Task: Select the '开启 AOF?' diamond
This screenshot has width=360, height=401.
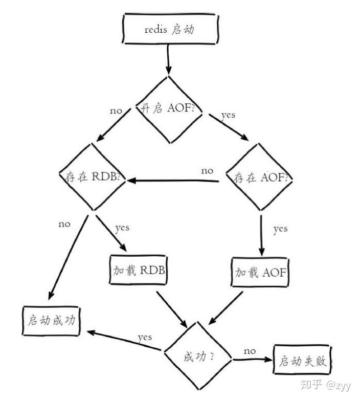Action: (x=167, y=109)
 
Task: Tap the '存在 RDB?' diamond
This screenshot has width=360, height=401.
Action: (x=92, y=177)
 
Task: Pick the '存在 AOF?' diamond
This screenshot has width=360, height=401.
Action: (x=261, y=177)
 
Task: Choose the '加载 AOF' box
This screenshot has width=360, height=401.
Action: (x=261, y=272)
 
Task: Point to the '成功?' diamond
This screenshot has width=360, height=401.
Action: (x=198, y=356)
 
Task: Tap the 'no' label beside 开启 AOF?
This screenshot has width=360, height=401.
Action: (x=117, y=111)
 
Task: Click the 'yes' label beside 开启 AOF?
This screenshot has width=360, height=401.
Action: (x=228, y=115)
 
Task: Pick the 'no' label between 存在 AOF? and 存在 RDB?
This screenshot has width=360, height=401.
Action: (x=207, y=171)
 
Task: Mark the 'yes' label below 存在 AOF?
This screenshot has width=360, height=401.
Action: (x=280, y=229)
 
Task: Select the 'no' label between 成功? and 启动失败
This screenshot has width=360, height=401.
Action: (x=250, y=351)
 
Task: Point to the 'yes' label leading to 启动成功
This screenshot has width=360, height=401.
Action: (x=145, y=338)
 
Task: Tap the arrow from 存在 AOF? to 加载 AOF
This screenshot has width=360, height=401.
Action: (x=261, y=233)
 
